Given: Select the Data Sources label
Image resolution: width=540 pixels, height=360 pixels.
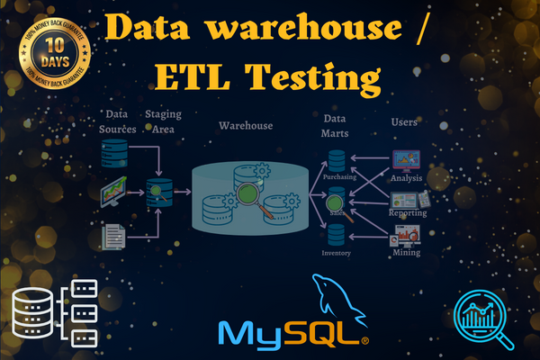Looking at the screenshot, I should tap(117, 122).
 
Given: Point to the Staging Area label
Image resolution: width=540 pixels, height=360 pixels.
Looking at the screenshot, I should tap(160, 122).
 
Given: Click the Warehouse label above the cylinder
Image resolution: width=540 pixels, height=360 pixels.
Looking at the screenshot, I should tap(246, 125).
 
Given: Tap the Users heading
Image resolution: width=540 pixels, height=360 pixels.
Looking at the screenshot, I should tap(405, 121).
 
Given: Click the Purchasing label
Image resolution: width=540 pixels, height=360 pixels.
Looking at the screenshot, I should tap(339, 177).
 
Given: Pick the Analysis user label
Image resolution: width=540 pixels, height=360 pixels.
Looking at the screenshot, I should tap(407, 178).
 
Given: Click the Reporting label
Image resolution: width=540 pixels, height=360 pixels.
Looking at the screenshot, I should tap(407, 214).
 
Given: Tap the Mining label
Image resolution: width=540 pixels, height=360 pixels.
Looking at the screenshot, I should tap(407, 254).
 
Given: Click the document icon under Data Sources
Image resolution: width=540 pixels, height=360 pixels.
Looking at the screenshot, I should tap(113, 237).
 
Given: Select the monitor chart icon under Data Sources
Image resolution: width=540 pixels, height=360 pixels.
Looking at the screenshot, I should tap(114, 192).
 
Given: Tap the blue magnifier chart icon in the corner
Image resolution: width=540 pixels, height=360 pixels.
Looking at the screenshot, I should tap(482, 315).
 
